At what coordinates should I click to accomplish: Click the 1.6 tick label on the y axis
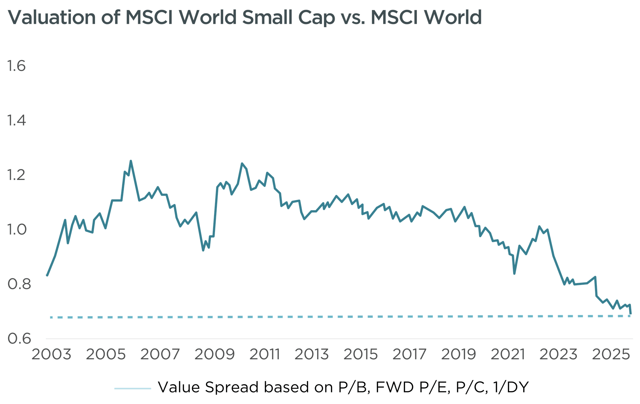click(x=16, y=66)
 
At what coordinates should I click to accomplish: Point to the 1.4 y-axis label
click(x=16, y=121)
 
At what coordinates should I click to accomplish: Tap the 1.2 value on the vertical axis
click(x=16, y=175)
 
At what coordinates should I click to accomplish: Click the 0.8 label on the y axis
click(x=19, y=284)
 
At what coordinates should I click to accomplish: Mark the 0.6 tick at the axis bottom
click(x=19, y=339)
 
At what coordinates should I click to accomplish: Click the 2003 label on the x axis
click(x=51, y=354)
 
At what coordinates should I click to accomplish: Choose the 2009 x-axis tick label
click(x=214, y=354)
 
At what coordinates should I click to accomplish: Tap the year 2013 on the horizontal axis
click(x=312, y=354)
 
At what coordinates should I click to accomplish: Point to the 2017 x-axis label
click(x=409, y=354)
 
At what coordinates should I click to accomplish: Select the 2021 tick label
click(x=507, y=354)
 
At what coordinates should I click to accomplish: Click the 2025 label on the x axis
click(x=611, y=354)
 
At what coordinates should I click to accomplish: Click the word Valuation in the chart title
click(x=52, y=17)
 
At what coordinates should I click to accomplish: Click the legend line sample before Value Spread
click(x=133, y=388)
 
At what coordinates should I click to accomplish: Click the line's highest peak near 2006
click(x=131, y=161)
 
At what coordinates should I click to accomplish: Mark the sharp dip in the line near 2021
click(x=514, y=274)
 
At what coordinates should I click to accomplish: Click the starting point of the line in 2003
click(x=47, y=276)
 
